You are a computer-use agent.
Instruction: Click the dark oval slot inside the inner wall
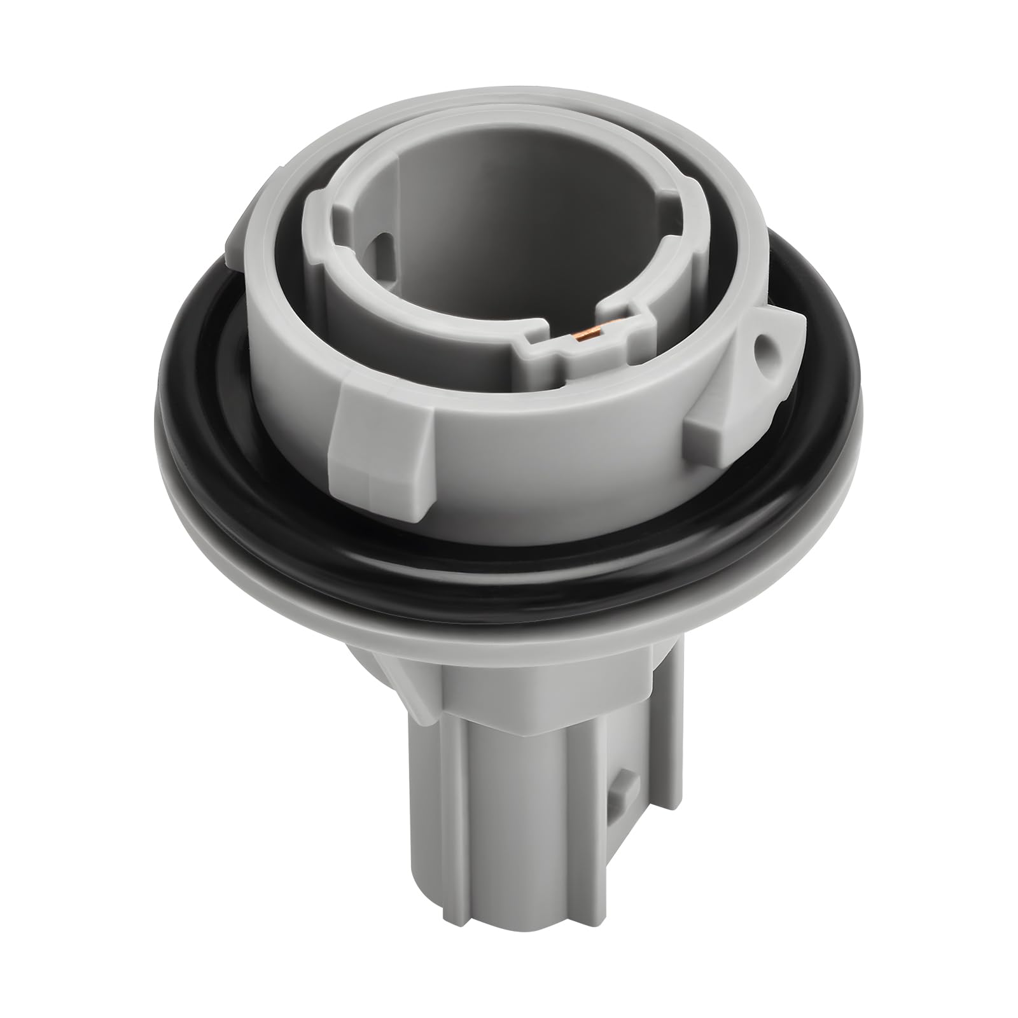click(x=384, y=245)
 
